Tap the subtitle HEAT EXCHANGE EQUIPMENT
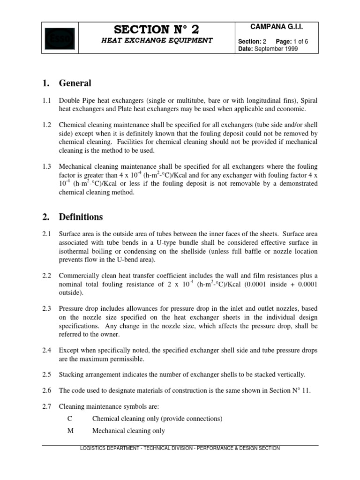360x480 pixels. pyautogui.click(x=157, y=40)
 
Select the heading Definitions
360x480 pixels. pyautogui.click(x=81, y=217)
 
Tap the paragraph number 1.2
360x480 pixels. pyautogui.click(x=47, y=126)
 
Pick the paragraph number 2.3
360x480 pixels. pyautogui.click(x=47, y=309)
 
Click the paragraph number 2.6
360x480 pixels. pyautogui.click(x=47, y=390)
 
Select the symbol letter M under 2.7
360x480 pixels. pyautogui.click(x=70, y=431)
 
